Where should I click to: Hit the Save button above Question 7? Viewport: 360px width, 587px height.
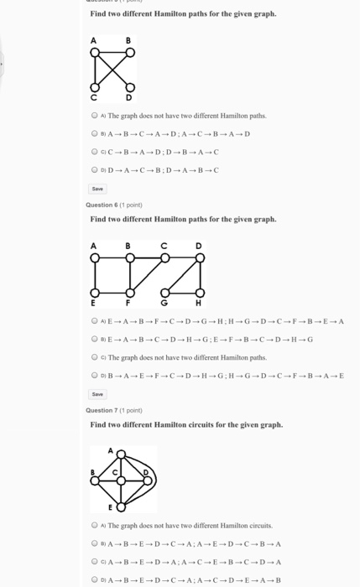97,393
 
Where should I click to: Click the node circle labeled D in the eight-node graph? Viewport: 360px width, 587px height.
199,257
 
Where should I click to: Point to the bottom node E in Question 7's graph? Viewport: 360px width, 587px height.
121,506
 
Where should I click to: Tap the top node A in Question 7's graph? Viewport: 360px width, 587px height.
121,455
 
